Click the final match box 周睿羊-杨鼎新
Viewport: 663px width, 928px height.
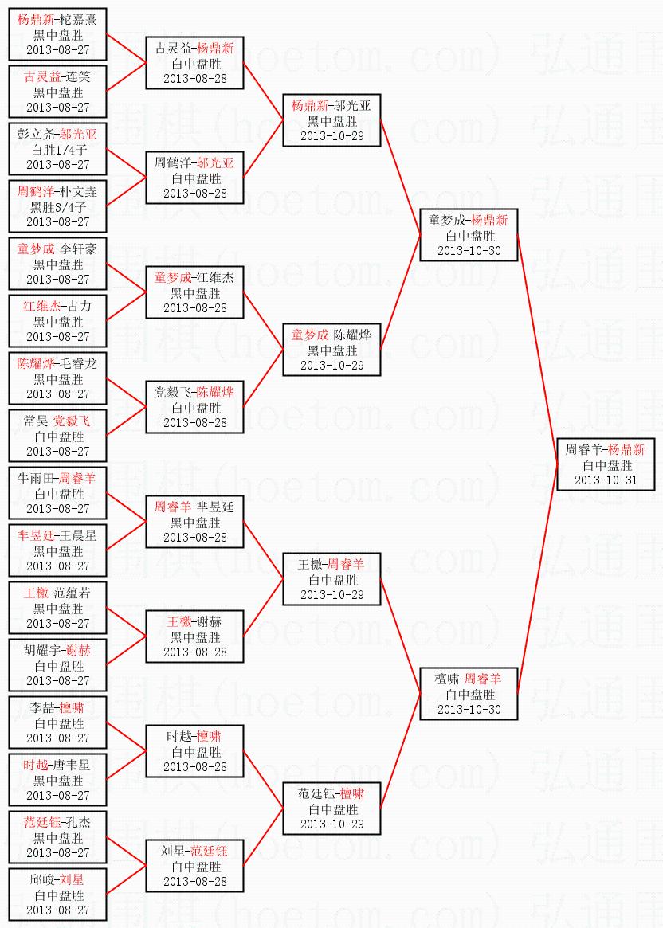click(606, 465)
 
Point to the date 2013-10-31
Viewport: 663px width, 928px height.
click(606, 480)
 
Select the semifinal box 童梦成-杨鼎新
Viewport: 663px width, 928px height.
click(469, 236)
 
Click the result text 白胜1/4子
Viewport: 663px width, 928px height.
click(58, 150)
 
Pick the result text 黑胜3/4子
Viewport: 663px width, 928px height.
click(58, 207)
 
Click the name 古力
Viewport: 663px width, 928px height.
click(80, 306)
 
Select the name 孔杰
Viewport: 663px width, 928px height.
click(80, 822)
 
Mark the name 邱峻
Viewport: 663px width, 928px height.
click(43, 879)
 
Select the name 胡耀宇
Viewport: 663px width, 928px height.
click(44, 650)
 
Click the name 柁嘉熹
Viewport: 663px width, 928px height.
click(78, 19)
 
